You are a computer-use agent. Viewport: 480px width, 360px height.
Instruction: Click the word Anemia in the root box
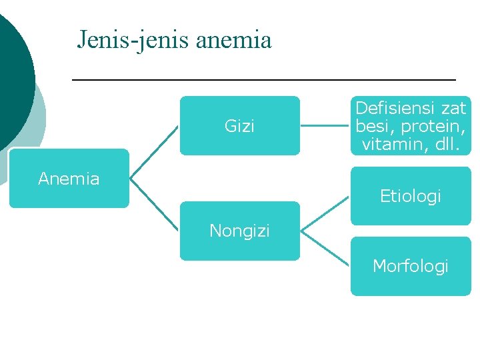(x=69, y=179)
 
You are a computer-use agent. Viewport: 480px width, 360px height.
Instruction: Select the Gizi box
(x=239, y=125)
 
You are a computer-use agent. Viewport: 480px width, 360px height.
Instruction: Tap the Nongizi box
(x=239, y=231)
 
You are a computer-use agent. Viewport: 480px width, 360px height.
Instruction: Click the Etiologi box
(x=411, y=196)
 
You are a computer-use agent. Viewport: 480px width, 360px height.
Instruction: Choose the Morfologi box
(x=411, y=266)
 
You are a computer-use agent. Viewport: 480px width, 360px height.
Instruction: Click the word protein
(x=437, y=126)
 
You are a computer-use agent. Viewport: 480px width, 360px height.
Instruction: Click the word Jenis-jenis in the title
(x=133, y=40)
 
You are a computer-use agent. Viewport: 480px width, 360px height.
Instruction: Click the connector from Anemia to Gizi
(x=154, y=152)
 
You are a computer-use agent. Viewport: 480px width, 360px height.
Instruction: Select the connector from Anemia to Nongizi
(x=154, y=205)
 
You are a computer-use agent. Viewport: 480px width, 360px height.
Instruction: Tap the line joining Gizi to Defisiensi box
(x=325, y=125)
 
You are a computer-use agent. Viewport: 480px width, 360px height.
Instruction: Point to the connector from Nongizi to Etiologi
(x=325, y=213)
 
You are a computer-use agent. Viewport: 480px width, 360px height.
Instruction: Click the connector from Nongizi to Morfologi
(x=325, y=249)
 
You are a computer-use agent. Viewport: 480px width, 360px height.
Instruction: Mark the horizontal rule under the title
(x=263, y=80)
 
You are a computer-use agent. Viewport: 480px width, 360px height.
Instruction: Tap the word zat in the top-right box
(x=453, y=108)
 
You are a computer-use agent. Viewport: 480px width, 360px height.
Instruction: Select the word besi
(x=371, y=126)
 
